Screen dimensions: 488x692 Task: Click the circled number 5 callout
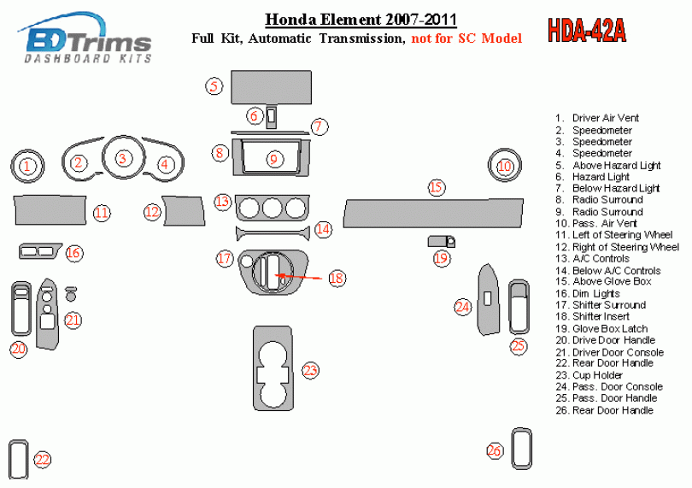click(x=214, y=85)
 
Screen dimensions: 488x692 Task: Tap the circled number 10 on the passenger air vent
click(x=505, y=166)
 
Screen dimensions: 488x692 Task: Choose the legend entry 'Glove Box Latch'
click(x=609, y=328)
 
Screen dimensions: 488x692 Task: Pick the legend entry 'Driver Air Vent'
click(x=605, y=118)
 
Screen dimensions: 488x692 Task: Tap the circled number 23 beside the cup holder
click(x=310, y=370)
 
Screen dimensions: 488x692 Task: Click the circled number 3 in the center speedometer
click(x=123, y=158)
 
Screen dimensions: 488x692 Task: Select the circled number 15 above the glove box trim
click(x=437, y=187)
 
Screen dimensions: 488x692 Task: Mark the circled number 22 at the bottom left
click(x=42, y=460)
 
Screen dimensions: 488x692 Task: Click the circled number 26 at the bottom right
click(x=495, y=450)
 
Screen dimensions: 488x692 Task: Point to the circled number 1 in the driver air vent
click(x=28, y=167)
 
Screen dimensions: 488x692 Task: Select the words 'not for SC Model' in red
click(x=466, y=38)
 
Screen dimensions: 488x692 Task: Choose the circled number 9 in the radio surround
click(x=274, y=159)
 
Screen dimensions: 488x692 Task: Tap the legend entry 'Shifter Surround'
click(x=608, y=305)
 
